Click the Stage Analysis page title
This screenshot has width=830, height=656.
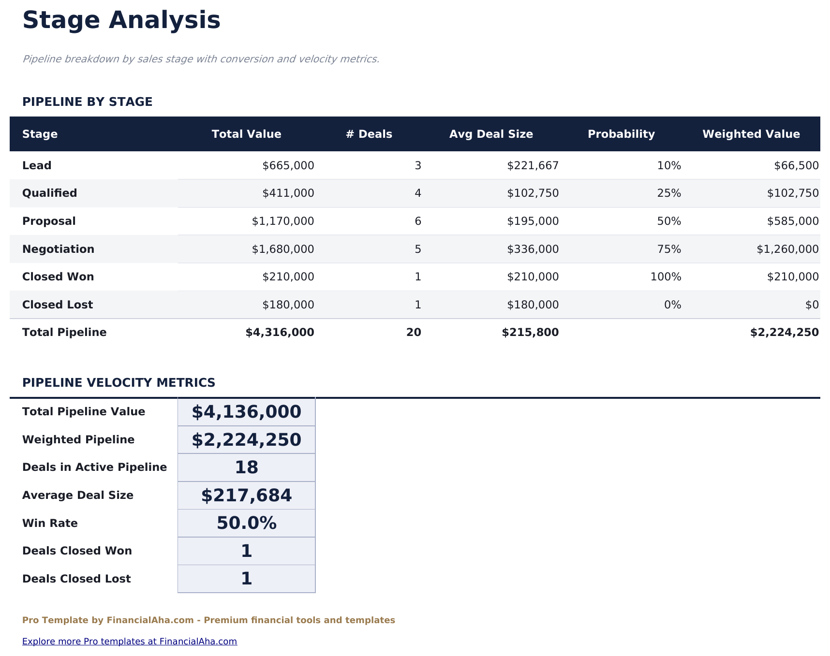(x=121, y=21)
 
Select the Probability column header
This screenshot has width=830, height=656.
(x=621, y=134)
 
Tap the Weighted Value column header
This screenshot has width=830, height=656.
(x=751, y=134)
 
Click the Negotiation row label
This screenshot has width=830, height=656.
(x=58, y=249)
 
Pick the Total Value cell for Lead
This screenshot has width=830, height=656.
(x=288, y=166)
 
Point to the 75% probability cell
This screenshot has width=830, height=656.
(x=669, y=249)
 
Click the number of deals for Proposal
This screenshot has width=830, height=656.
(x=418, y=221)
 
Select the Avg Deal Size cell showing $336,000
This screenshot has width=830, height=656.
(x=533, y=249)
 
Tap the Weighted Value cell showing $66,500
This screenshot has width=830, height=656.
(x=796, y=166)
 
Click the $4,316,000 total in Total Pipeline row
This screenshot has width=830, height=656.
(x=280, y=333)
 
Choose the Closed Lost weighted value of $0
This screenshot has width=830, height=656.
(x=812, y=305)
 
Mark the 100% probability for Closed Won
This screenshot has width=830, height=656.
(x=666, y=277)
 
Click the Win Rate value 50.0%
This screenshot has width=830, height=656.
(x=246, y=524)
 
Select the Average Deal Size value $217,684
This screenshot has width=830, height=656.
(x=246, y=496)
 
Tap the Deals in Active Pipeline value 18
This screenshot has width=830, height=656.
(x=246, y=467)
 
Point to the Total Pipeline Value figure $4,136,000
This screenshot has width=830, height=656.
(x=246, y=412)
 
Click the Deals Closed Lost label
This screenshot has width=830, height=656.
(x=76, y=579)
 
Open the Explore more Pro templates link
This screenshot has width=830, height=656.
(x=130, y=641)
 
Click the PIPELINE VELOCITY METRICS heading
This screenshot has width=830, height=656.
(x=119, y=383)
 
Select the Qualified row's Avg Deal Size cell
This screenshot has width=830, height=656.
(x=533, y=193)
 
